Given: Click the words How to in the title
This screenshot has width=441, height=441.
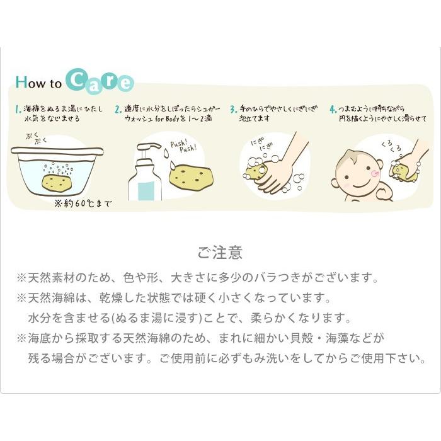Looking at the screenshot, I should coord(38,83).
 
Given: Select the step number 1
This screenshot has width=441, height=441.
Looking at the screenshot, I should coord(17,108).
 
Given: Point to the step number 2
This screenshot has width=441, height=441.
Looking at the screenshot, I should coord(118,108).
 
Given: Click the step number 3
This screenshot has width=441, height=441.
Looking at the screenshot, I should coord(232,108).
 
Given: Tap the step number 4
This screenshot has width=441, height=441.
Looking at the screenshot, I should coord(333,108).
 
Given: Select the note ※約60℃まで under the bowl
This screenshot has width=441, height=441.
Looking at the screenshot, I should coord(83,204).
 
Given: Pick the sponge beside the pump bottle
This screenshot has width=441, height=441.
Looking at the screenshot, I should coord(191,176).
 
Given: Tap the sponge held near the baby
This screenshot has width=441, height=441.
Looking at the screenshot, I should coord(401,171).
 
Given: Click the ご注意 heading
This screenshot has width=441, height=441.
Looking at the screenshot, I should coord(220,253).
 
